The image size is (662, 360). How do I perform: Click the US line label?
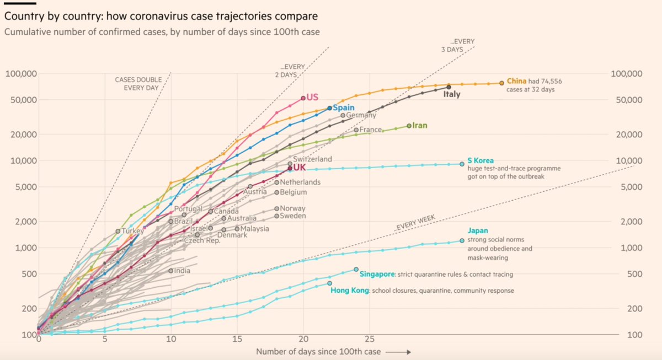(x=313, y=97)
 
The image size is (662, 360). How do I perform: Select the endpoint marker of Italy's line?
(x=449, y=87)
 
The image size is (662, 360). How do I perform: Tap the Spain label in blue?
(x=344, y=108)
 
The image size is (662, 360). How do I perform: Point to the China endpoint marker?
(x=501, y=83)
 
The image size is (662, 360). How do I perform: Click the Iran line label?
(x=420, y=126)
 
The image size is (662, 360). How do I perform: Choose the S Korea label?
(x=481, y=160)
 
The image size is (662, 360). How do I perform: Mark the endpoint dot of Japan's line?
(x=462, y=240)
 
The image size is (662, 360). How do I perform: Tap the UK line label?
(x=300, y=168)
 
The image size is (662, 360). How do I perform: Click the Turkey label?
(x=132, y=232)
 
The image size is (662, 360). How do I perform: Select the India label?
(x=182, y=271)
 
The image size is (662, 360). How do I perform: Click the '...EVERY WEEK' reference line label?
(x=415, y=223)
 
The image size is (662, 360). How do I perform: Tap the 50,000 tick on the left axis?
(x=21, y=100)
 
